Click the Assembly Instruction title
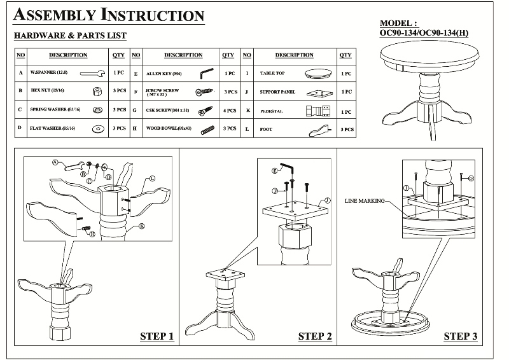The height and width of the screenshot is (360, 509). point(109,15)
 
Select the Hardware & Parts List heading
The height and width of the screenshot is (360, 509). point(70,36)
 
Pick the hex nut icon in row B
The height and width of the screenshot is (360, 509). point(97,92)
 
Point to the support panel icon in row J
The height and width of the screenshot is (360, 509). point(318,93)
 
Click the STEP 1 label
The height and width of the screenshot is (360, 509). point(156,336)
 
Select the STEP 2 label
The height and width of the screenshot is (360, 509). point(315,336)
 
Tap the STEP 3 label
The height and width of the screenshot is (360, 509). point(460,336)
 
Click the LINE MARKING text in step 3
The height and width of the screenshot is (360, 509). point(365,200)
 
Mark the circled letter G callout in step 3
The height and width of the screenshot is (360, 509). point(470,177)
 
